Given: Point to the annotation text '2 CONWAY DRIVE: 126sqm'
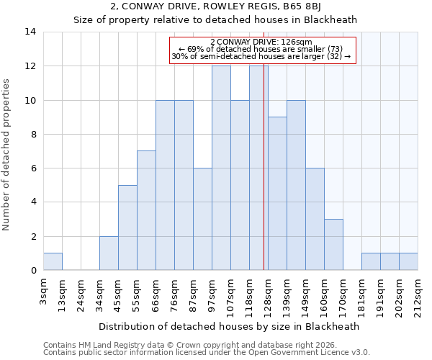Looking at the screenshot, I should tap(261, 42).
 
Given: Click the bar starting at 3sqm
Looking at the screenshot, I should tap(53, 262).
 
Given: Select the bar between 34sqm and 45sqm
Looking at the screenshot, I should tap(109, 253).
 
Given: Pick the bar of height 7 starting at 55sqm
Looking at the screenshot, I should tap(146, 211).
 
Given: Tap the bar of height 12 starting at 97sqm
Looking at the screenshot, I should tap(221, 168).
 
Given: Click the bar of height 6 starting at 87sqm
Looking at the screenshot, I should tap(202, 220).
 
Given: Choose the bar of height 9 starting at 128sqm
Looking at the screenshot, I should tap(277, 194).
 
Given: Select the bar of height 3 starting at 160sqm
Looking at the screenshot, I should tap(333, 245).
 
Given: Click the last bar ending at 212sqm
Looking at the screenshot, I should tap(408, 262).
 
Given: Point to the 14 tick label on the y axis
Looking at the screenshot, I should tap(30, 32).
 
